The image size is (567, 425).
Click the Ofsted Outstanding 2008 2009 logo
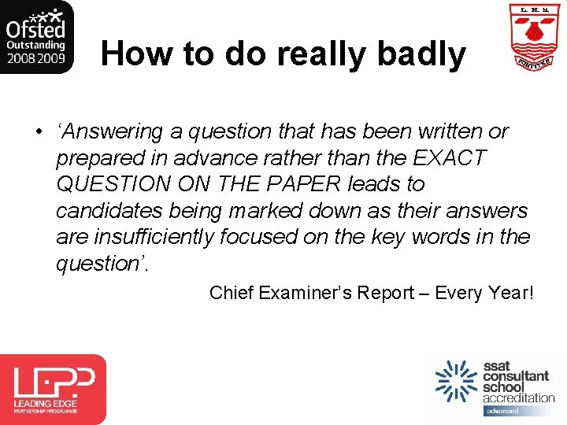point(37,37)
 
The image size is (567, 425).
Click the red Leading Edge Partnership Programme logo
point(53,389)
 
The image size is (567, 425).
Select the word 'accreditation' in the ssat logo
point(519,397)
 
